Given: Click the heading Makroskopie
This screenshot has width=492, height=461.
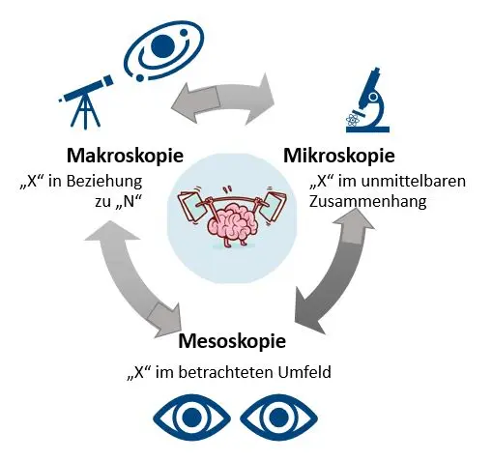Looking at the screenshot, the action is (x=125, y=156).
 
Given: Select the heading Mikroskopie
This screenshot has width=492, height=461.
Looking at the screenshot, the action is (x=339, y=156).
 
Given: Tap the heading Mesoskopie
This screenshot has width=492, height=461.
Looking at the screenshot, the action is (x=232, y=341).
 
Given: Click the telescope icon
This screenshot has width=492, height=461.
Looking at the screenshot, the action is (x=86, y=101).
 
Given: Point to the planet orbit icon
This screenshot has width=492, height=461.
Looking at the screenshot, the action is (x=164, y=53).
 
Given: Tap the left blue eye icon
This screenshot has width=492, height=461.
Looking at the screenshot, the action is (x=191, y=418).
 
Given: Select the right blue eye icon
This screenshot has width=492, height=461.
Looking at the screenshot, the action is (x=278, y=418).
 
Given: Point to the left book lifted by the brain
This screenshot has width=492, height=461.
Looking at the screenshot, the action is (x=189, y=205).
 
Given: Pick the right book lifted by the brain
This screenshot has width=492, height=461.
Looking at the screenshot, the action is (x=273, y=206).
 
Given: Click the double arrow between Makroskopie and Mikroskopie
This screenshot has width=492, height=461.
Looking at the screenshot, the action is (x=222, y=99).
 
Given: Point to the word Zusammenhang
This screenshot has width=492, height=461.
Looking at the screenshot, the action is (x=368, y=202).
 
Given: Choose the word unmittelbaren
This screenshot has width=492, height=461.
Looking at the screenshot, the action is (x=414, y=181).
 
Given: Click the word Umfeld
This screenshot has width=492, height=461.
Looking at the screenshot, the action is (x=304, y=372).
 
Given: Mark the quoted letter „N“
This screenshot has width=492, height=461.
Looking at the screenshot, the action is (x=129, y=201).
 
